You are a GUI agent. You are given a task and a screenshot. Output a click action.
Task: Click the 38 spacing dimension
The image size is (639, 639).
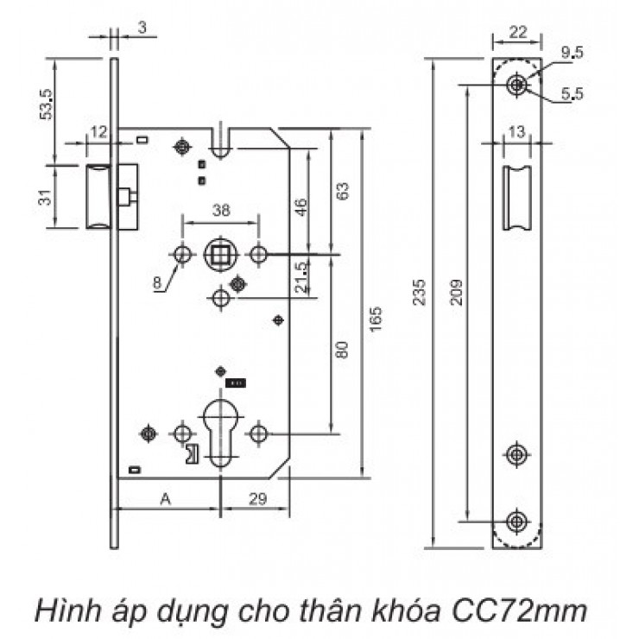[x=220, y=209]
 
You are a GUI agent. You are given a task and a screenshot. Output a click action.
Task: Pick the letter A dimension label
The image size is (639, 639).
[x=165, y=499]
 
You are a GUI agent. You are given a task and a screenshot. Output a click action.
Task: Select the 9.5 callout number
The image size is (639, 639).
[x=572, y=53]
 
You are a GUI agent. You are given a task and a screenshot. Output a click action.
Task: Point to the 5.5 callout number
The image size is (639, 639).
[x=572, y=96]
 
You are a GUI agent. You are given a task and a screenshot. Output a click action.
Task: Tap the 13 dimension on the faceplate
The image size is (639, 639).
[x=517, y=130]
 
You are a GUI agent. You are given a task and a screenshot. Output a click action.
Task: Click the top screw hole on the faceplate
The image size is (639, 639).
[x=517, y=85]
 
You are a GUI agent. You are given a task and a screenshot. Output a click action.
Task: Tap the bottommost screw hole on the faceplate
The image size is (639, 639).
[x=517, y=521]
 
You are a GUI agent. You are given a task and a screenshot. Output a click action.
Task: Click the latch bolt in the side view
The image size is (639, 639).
[x=98, y=196]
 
